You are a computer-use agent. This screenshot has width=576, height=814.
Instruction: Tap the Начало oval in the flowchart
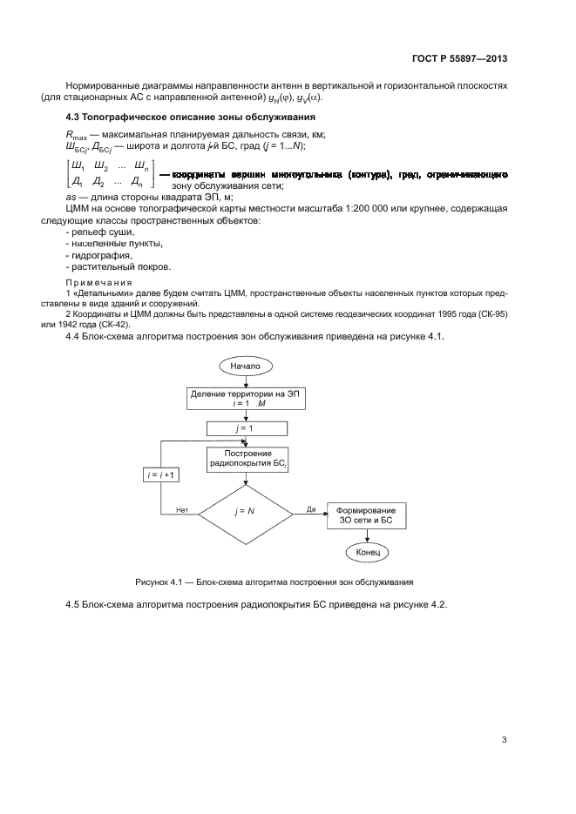tap(245, 367)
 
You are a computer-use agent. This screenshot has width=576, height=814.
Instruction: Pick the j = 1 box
tap(245, 428)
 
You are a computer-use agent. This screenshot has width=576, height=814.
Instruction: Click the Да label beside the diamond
tap(310, 509)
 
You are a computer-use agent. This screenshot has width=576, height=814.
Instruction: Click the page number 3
tap(504, 740)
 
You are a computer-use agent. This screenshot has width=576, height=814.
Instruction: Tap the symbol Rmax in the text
tap(78, 133)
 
